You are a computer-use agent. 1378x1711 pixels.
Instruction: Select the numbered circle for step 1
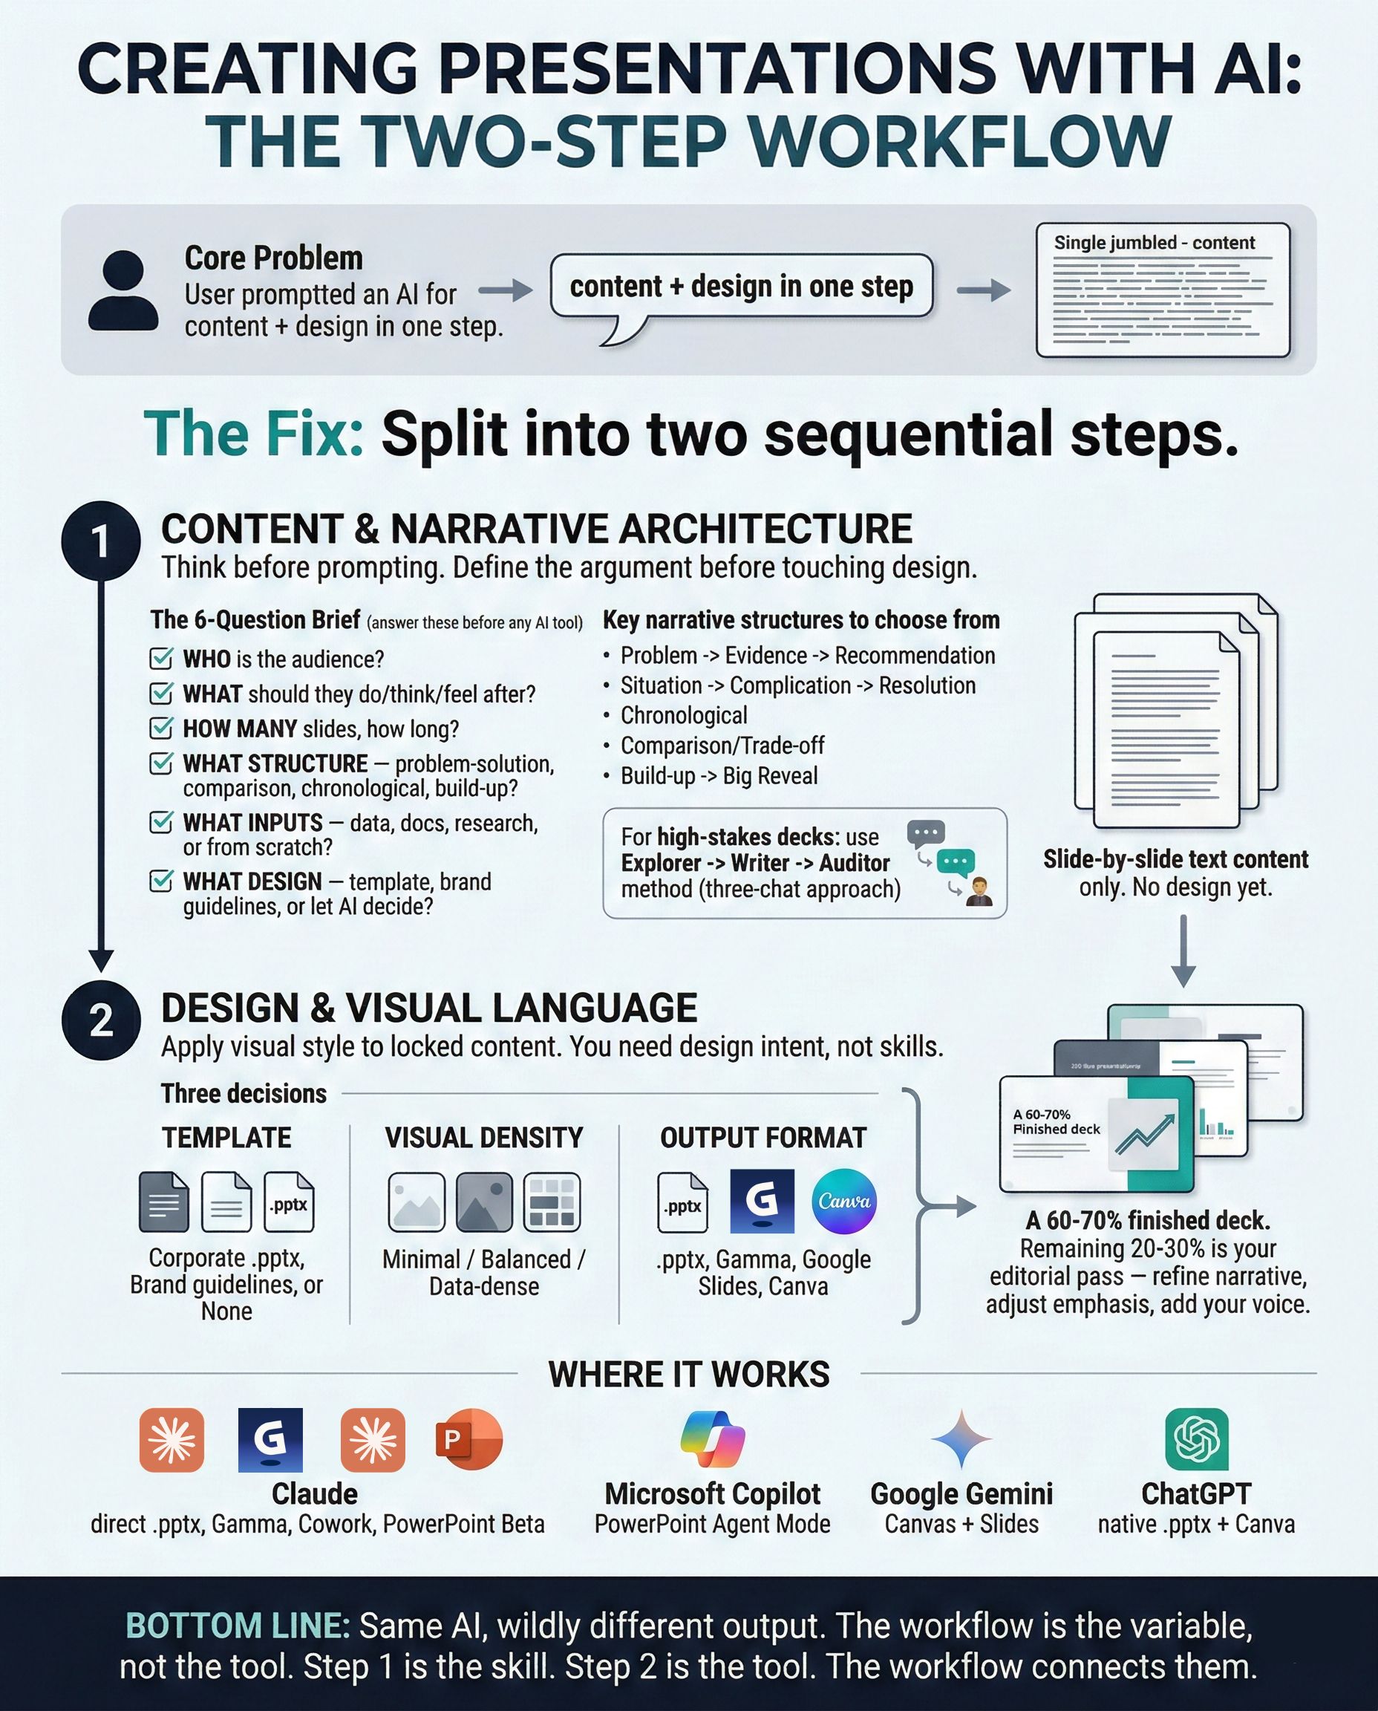click(x=101, y=541)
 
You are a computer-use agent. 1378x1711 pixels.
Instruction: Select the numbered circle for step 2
click(x=101, y=1020)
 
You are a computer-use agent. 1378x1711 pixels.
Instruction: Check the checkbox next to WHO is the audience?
click(x=161, y=658)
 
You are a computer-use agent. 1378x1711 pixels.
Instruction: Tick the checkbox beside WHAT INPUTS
click(x=161, y=822)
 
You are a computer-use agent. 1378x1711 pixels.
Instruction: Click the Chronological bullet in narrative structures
click(x=684, y=715)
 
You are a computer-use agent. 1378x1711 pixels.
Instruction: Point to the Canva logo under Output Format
click(x=843, y=1202)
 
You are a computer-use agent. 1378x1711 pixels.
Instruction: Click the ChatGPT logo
click(x=1196, y=1439)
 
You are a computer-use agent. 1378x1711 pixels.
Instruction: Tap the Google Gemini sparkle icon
click(x=961, y=1438)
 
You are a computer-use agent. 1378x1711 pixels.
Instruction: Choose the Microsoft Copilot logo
click(x=712, y=1438)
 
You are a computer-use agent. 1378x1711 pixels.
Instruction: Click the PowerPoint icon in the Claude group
click(x=468, y=1438)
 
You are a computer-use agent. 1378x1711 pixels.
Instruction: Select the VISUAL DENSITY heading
click(x=483, y=1138)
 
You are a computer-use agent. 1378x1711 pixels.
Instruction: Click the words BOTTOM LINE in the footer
click(x=238, y=1626)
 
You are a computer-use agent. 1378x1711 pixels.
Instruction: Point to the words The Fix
click(x=253, y=434)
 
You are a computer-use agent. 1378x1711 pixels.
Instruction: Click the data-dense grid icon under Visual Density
click(x=552, y=1202)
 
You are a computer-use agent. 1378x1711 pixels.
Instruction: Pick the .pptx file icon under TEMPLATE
click(x=289, y=1202)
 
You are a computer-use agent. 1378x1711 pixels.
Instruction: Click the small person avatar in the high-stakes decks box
click(x=979, y=893)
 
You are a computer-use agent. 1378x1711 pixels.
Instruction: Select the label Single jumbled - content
click(x=1155, y=243)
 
